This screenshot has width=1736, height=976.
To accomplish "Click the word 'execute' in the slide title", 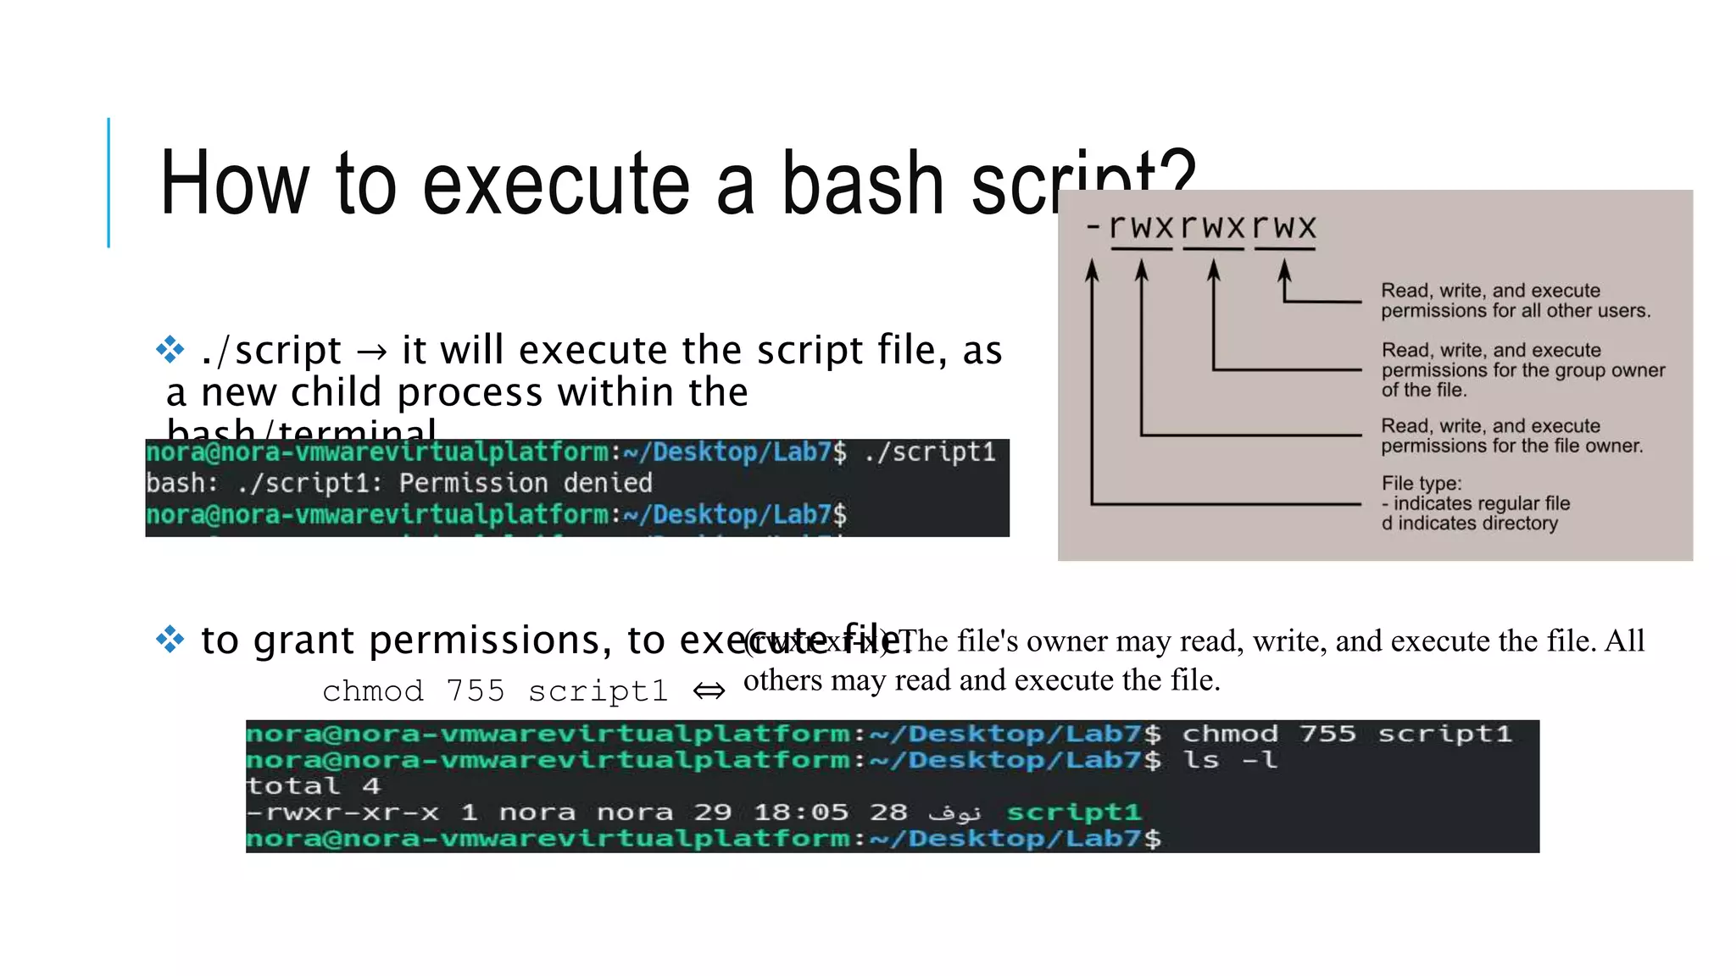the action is [555, 184].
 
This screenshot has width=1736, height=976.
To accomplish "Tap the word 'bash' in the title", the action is [862, 184].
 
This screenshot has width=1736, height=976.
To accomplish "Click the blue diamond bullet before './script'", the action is [170, 349].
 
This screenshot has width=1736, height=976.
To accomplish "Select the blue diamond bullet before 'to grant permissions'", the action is [170, 639].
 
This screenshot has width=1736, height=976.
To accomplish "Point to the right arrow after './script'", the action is [371, 352].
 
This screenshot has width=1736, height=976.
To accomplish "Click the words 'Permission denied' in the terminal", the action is [526, 483].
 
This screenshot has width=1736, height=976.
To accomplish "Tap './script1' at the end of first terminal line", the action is [930, 452].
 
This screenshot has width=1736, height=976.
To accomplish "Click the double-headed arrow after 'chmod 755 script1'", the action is [709, 691].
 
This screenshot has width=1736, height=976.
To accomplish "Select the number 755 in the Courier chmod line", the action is [475, 691].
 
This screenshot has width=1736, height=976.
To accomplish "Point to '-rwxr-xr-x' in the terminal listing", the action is [342, 812].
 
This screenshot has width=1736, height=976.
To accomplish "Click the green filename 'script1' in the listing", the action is [1073, 812].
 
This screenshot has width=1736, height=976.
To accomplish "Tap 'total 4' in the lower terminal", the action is [313, 785].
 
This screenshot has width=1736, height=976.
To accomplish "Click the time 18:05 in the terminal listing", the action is [801, 812].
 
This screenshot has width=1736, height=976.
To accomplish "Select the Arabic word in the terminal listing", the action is [954, 812].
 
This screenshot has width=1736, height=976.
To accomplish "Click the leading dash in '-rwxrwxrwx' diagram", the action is [1093, 226].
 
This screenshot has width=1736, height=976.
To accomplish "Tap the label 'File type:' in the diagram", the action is [1422, 483].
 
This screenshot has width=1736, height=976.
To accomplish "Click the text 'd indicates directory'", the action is [1469, 523].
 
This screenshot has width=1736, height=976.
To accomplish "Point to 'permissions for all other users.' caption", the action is [1516, 310].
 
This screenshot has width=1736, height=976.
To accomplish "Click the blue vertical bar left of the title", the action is [108, 182].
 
